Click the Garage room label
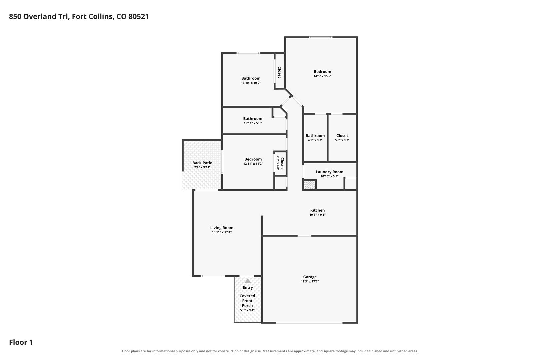(x=310, y=277)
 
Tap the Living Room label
(x=222, y=228)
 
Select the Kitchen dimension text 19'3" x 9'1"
(x=317, y=215)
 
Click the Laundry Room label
(x=329, y=172)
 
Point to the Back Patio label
(x=202, y=163)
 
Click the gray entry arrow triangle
(x=248, y=281)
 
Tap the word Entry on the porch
(x=248, y=288)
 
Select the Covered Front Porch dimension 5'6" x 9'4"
(x=247, y=310)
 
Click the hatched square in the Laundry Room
(x=310, y=185)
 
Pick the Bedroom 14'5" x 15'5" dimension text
(x=323, y=76)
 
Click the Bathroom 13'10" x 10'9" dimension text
(x=251, y=83)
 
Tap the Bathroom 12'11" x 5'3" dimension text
(x=253, y=123)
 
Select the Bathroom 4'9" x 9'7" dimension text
(x=315, y=140)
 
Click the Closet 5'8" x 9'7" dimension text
(x=342, y=140)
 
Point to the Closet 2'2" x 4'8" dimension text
(x=278, y=163)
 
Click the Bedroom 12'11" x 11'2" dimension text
(x=253, y=164)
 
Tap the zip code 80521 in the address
(x=139, y=17)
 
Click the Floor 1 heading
(x=21, y=342)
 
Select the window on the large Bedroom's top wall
(x=321, y=37)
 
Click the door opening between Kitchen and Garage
(x=304, y=236)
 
